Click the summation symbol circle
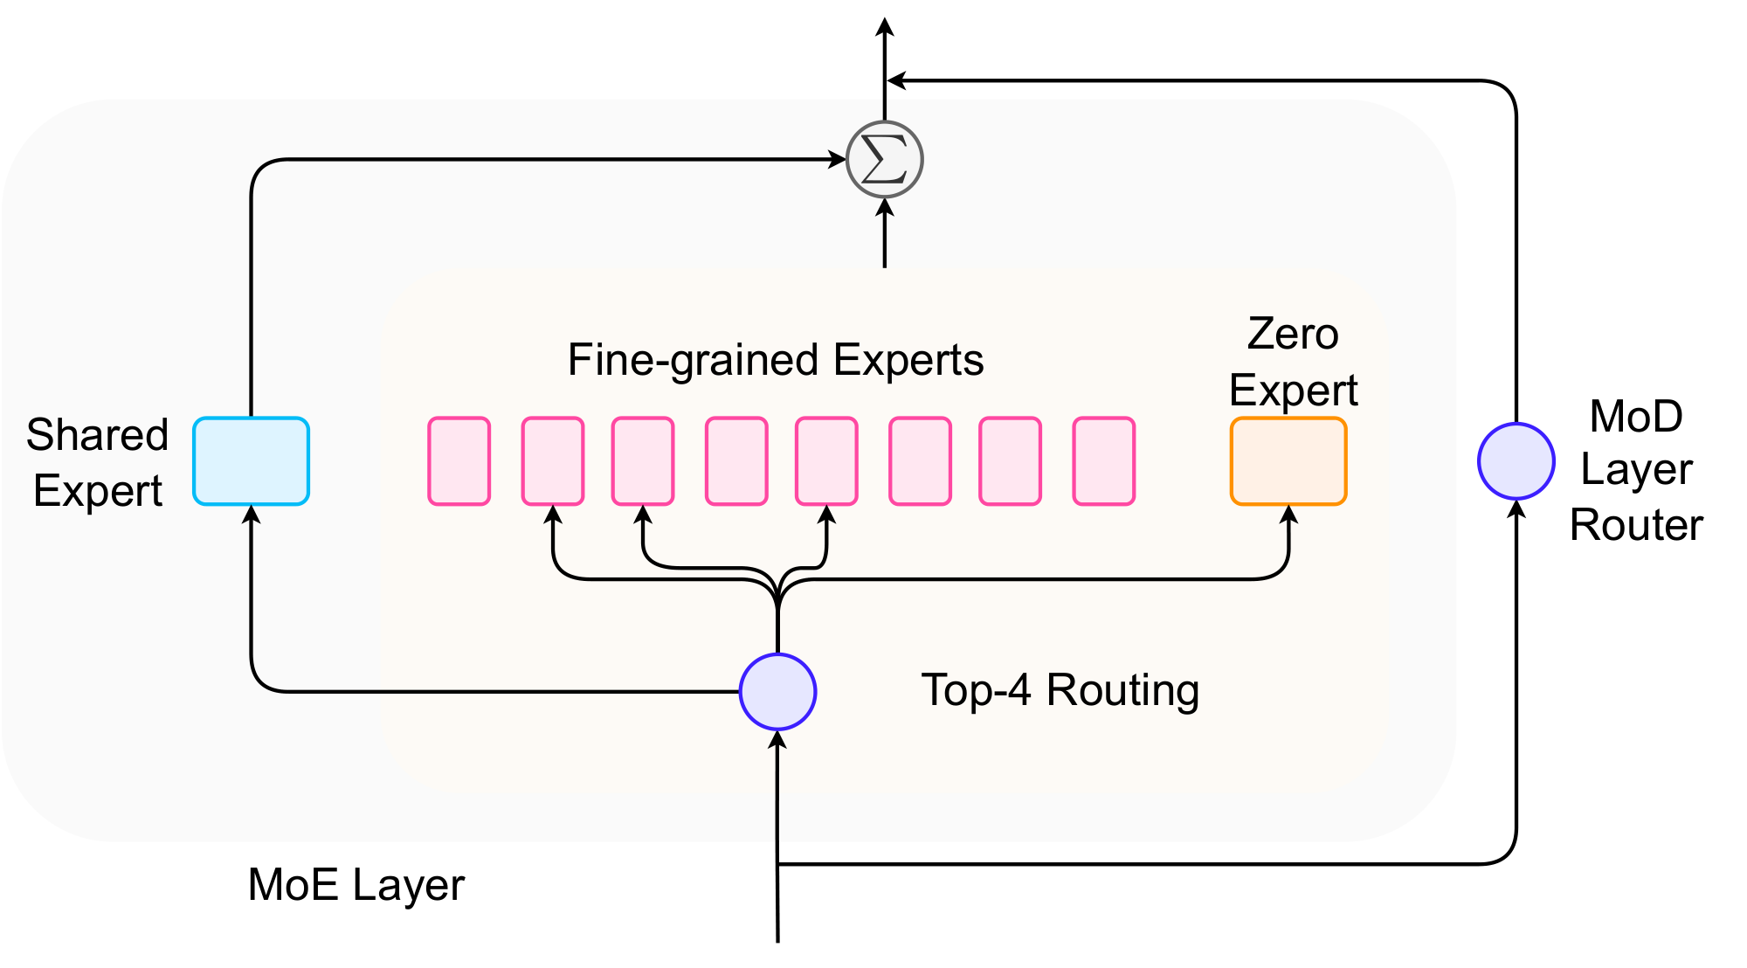click(885, 160)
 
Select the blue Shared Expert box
click(251, 461)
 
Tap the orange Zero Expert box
click(1288, 461)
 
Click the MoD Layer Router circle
click(1516, 461)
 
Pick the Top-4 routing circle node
click(777, 691)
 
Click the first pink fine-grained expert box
click(459, 461)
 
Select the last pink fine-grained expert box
click(1104, 461)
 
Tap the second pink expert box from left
click(553, 461)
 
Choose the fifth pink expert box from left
click(826, 461)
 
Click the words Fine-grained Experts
click(776, 360)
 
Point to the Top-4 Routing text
click(1060, 690)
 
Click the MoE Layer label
click(356, 885)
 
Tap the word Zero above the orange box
click(1293, 334)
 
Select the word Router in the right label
click(1636, 525)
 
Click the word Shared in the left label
click(97, 434)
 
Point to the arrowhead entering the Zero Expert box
click(1288, 515)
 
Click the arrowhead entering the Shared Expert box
click(252, 515)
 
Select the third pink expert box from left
click(643, 461)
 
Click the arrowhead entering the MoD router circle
click(1516, 509)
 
